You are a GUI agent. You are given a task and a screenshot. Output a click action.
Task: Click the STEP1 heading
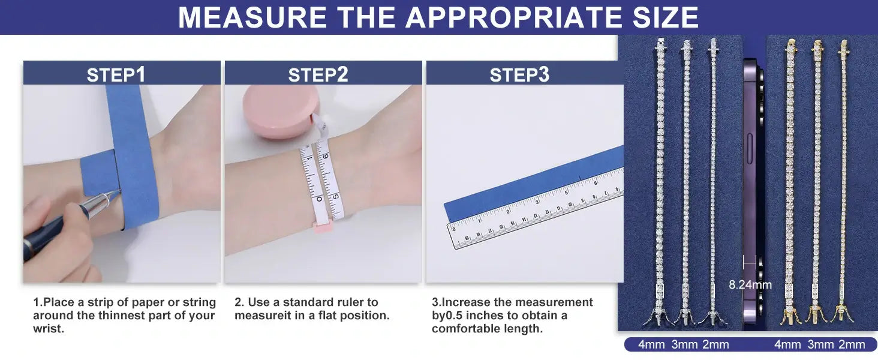[x=116, y=74]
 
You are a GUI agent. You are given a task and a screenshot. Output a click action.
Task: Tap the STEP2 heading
[x=318, y=74]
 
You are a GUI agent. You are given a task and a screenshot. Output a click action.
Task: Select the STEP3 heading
[x=519, y=74]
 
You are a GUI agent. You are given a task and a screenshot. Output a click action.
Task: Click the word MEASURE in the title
[x=252, y=17]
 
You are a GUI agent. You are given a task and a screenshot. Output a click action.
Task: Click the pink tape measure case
[x=280, y=111]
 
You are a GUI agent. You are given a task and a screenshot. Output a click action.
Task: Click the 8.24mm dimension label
[x=750, y=285]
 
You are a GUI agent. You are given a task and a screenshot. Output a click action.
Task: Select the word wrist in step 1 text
[x=47, y=329]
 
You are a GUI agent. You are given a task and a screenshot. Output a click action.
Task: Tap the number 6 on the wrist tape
[x=326, y=156]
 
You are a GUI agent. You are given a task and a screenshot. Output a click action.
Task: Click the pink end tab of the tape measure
[x=323, y=227]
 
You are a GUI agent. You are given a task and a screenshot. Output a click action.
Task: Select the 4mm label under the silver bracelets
[x=651, y=345]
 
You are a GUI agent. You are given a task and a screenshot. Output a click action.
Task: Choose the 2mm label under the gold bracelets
[x=852, y=345]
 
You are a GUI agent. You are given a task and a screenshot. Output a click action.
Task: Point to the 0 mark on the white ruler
[x=454, y=229]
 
